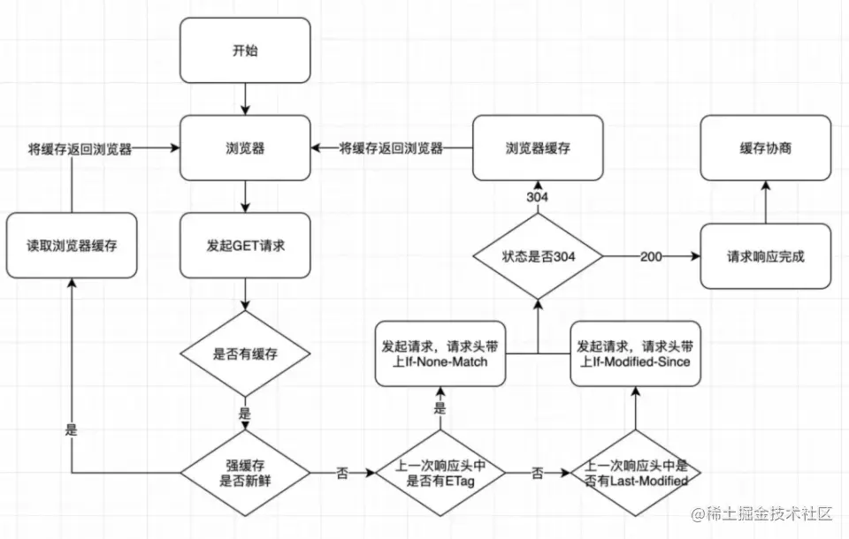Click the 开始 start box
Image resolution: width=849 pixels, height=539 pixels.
[245, 50]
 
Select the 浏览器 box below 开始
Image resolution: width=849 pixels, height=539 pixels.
[245, 148]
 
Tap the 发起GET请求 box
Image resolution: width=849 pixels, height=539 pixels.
[245, 245]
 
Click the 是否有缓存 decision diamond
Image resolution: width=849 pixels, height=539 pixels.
[245, 354]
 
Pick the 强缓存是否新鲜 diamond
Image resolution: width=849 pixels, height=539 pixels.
[245, 473]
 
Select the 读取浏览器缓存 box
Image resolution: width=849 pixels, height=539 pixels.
[72, 245]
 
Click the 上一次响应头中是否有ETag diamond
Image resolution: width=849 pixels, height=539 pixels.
[440, 473]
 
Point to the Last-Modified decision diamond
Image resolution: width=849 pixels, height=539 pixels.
[636, 473]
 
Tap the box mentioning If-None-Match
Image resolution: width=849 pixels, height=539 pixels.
[440, 354]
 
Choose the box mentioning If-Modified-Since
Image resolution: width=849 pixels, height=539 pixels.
[636, 354]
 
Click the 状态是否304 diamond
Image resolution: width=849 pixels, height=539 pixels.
[538, 256]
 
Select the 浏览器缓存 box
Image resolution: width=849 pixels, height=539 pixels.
[538, 148]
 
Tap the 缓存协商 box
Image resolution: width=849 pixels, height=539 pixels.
[766, 148]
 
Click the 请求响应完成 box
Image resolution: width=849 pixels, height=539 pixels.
[766, 256]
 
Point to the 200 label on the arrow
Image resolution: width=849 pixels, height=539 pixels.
[651, 256]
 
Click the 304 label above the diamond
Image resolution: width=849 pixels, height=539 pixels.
[537, 197]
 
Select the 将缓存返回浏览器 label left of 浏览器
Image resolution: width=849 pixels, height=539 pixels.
[80, 149]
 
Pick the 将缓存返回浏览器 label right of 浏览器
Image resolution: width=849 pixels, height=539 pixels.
[391, 148]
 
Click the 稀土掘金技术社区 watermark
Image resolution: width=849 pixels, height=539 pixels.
[761, 513]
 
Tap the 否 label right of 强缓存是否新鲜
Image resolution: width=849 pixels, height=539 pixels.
[342, 474]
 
